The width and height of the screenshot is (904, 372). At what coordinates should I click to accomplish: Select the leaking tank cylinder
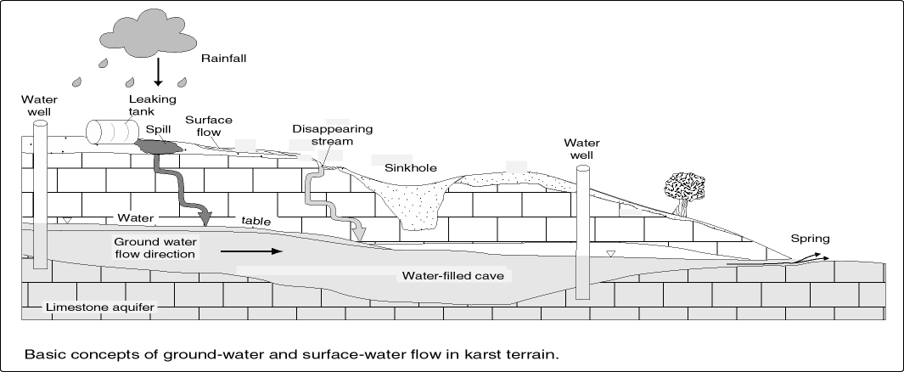pyautogui.click(x=112, y=131)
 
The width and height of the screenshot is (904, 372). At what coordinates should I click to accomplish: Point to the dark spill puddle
pyautogui.click(x=160, y=146)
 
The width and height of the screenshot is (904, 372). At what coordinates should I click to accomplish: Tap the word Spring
pyautogui.click(x=809, y=240)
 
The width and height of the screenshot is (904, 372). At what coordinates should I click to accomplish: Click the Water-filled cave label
pyautogui.click(x=453, y=276)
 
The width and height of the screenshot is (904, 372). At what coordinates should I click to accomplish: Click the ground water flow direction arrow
pyautogui.click(x=252, y=251)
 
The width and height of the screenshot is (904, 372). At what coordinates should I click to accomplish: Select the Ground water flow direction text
pyautogui.click(x=156, y=247)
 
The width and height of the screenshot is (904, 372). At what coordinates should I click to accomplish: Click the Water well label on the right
pyautogui.click(x=586, y=149)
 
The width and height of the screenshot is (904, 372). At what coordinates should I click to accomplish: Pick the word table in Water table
pyautogui.click(x=255, y=221)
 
